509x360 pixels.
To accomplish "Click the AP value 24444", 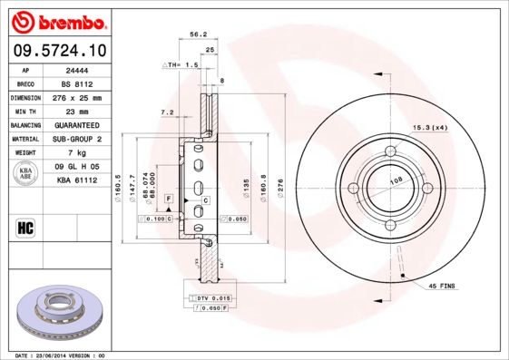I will pos(77,69).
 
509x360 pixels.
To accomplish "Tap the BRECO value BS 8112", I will pos(77,83).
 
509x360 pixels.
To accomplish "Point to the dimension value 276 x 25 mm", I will pos(77,97).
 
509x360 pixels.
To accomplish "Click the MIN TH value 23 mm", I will pos(77,111).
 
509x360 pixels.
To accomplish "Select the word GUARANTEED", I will pos(77,125).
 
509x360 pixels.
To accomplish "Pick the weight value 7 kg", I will pos(77,153).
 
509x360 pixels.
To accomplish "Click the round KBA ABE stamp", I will pos(25,174).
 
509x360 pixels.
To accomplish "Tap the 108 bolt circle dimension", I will pos(396,181).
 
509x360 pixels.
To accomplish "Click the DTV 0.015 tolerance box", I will pos(210,297).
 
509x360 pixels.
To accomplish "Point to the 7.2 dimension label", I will pos(167,112).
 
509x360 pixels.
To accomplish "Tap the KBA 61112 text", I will pos(77,180).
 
